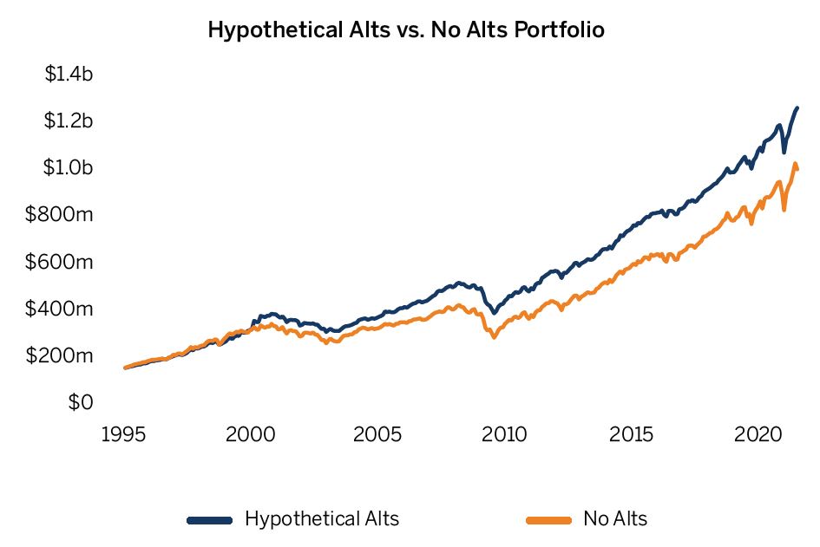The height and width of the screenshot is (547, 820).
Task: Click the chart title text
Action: tap(406, 29)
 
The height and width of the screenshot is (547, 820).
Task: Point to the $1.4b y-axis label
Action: tap(69, 75)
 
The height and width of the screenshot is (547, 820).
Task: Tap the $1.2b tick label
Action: tap(69, 121)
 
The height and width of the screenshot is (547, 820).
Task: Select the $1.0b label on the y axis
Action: tap(69, 168)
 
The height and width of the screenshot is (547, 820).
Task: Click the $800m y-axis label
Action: tap(64, 215)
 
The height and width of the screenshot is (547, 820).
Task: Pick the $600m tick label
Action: tap(64, 262)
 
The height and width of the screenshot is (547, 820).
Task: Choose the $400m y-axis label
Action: tap(64, 309)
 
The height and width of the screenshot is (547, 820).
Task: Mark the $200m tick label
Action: tap(64, 355)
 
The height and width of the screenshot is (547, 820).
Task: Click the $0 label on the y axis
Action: tap(81, 402)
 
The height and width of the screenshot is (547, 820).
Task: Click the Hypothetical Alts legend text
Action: tap(322, 519)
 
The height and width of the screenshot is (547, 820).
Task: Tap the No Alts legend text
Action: tap(615, 519)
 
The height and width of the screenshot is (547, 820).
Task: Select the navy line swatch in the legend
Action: tap(210, 520)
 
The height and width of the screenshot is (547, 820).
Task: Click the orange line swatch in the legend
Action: tap(548, 520)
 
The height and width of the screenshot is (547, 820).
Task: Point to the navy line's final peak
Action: tap(797, 108)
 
